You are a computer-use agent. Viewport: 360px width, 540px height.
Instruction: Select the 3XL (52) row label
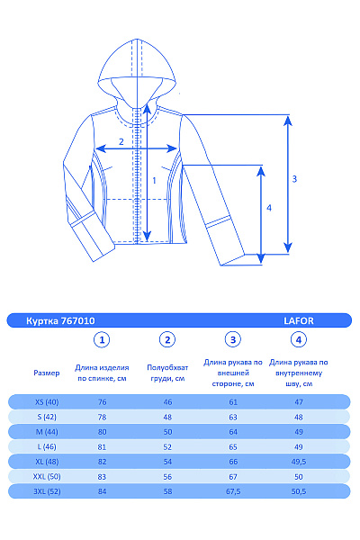pyautogui.click(x=46, y=492)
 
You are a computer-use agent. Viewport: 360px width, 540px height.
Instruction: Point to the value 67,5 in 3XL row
pyautogui.click(x=233, y=492)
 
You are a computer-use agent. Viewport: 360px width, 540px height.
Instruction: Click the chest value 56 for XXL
pyautogui.click(x=166, y=477)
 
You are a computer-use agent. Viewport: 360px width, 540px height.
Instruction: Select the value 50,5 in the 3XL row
pyautogui.click(x=299, y=492)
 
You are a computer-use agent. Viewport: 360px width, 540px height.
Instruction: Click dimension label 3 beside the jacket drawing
pyautogui.click(x=294, y=178)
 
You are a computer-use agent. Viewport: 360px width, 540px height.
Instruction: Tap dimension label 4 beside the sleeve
pyautogui.click(x=269, y=208)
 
